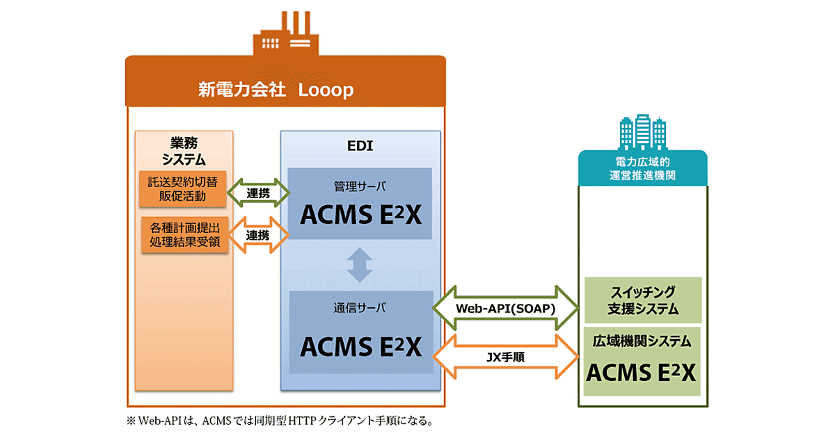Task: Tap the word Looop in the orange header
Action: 326,90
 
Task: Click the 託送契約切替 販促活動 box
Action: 182,188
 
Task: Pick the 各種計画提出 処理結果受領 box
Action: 184,235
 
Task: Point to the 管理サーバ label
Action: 360,186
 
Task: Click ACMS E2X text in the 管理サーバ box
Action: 360,215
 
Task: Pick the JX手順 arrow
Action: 505,355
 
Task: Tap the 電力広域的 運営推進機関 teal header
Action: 642,168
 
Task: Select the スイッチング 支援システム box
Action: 642,300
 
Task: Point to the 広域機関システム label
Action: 642,341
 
